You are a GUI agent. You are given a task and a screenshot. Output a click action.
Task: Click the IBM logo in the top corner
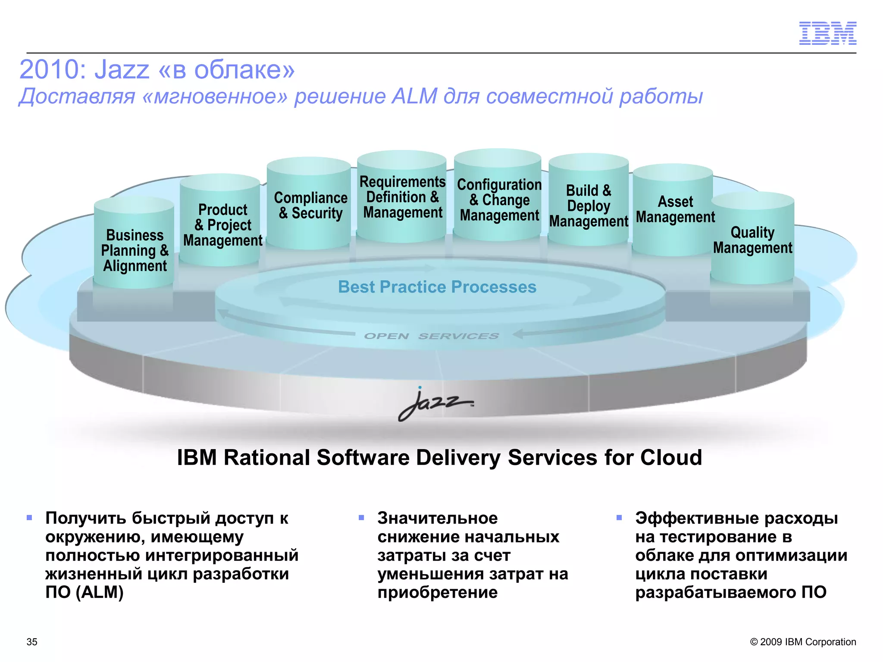pos(827,33)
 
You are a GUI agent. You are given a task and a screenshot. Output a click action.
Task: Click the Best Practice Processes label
pos(437,287)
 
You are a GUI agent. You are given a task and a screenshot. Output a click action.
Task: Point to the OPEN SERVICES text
pos(431,336)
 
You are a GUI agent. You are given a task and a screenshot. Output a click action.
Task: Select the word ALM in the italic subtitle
pos(414,96)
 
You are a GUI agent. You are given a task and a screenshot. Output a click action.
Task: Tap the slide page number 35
pos(32,642)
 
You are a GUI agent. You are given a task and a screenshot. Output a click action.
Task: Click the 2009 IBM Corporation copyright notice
pos(803,642)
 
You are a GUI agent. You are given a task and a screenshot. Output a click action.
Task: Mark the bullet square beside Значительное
pos(361,518)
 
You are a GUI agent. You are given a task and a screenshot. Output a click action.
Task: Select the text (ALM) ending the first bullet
pos(100,593)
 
